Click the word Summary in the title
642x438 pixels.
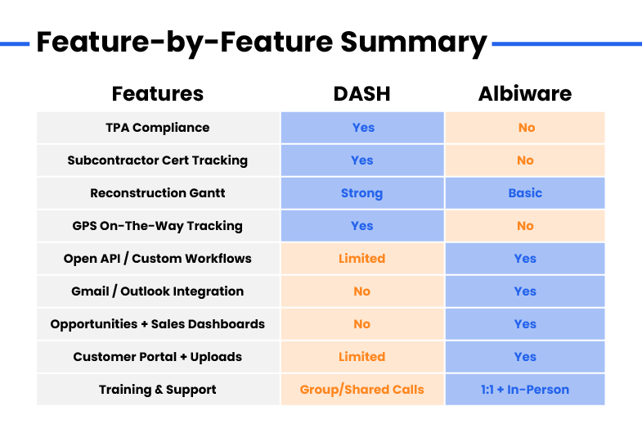tap(414, 43)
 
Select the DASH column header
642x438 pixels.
tap(362, 94)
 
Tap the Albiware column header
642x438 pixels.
tap(525, 94)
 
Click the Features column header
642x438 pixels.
tap(158, 94)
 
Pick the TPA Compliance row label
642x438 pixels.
tap(158, 128)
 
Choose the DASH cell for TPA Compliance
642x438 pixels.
tap(363, 128)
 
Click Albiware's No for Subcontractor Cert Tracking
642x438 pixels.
tap(525, 160)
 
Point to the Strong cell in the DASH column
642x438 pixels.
tap(362, 193)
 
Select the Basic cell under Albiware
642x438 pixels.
tap(525, 193)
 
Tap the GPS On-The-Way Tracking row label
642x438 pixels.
tap(158, 226)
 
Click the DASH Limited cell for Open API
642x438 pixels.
tap(362, 259)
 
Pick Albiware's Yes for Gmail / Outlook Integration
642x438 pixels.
tap(525, 291)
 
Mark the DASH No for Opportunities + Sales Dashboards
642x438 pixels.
tap(362, 324)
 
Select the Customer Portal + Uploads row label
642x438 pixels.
tap(158, 357)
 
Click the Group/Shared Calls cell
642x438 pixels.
tap(362, 390)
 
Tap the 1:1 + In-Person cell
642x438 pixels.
tap(525, 390)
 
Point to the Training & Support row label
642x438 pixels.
tap(158, 390)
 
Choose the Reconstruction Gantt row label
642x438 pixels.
tap(158, 193)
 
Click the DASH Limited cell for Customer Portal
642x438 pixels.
tap(362, 357)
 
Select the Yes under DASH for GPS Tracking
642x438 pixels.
tap(362, 226)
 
